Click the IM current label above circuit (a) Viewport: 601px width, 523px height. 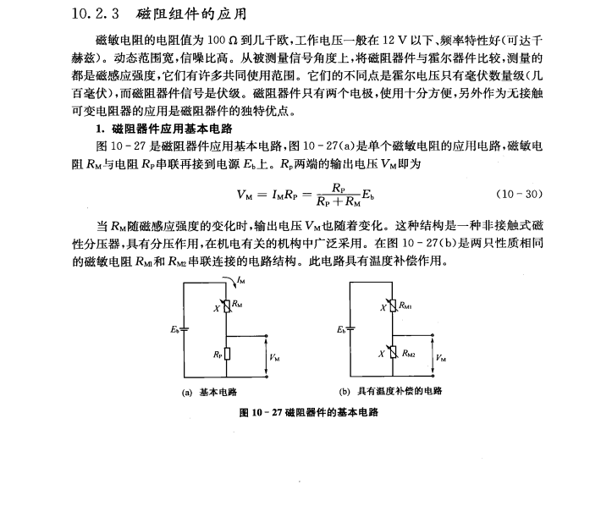(241, 280)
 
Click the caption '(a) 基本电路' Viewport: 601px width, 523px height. (210, 392)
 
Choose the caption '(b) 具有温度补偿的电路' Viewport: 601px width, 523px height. (390, 392)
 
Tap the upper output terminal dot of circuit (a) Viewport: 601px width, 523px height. (268, 334)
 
